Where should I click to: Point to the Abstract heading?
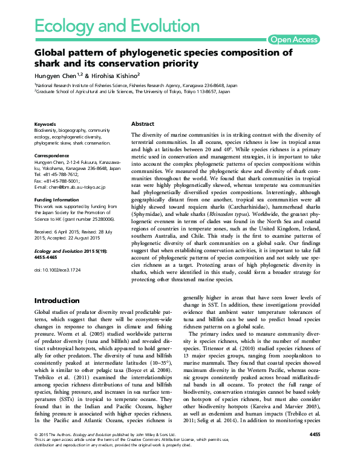point(143,123)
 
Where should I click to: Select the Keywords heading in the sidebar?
point(46,123)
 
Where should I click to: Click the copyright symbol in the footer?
point(36,451)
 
